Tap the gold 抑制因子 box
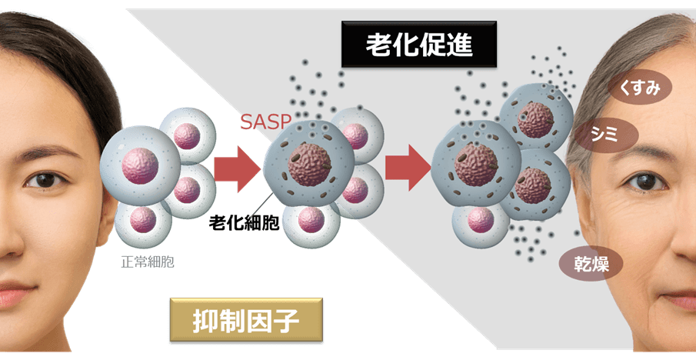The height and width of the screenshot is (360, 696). (x=246, y=320)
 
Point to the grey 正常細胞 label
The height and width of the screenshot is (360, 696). (x=147, y=262)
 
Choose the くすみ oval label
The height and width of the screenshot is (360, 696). (x=640, y=88)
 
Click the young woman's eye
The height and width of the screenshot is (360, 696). (x=45, y=180)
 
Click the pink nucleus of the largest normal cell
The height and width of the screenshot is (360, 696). (x=139, y=165)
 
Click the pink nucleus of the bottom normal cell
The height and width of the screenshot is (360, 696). (x=142, y=220)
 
